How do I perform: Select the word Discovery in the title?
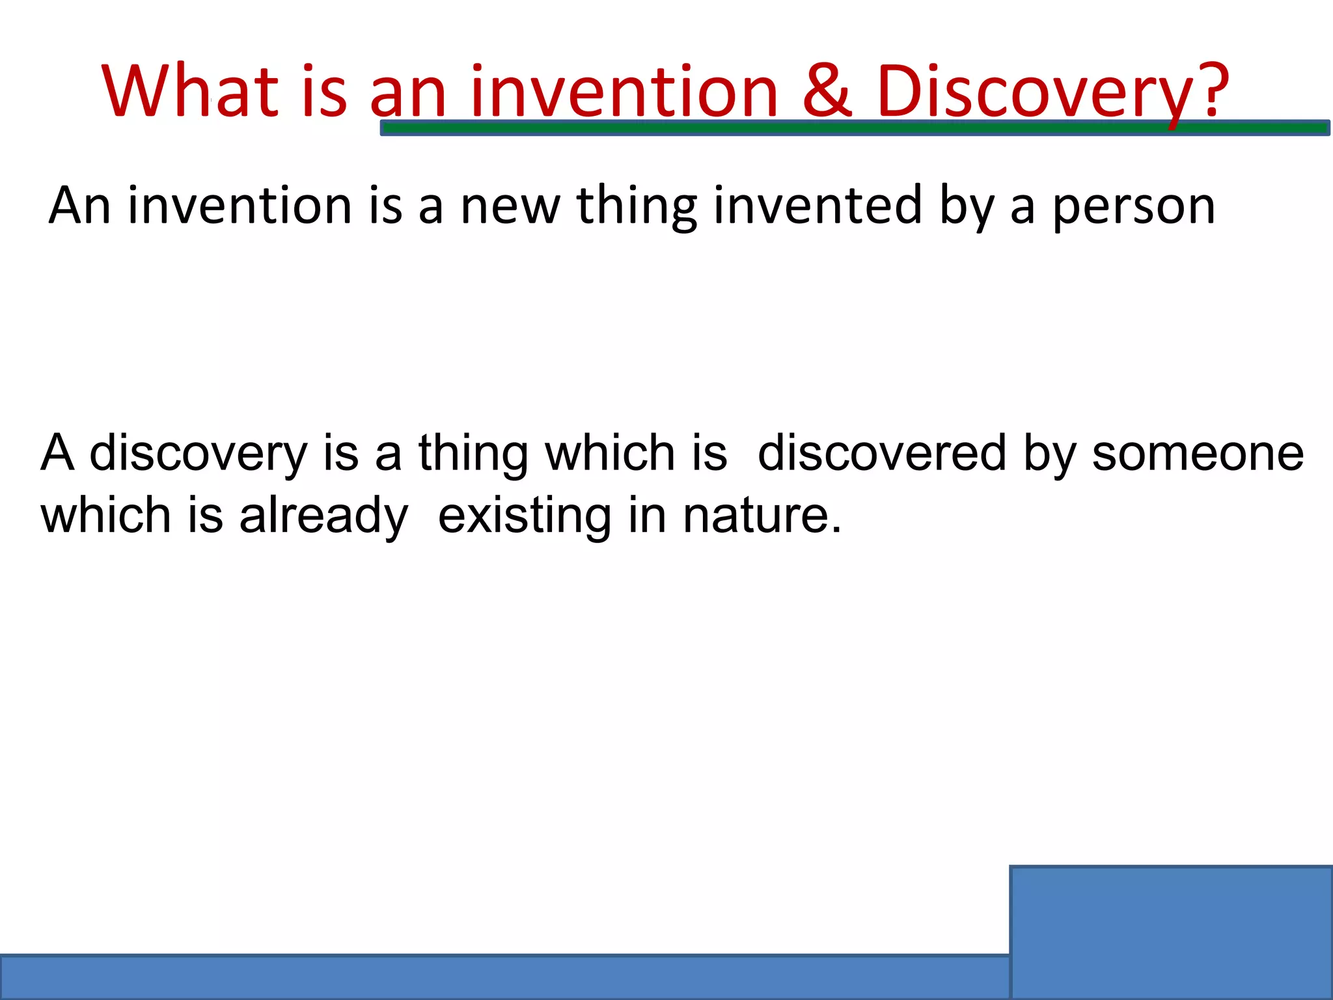click(1038, 92)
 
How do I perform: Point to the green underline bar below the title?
click(854, 128)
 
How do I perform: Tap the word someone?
click(1198, 454)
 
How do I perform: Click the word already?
click(323, 516)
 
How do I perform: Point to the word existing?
click(525, 516)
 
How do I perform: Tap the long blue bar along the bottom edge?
click(504, 977)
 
